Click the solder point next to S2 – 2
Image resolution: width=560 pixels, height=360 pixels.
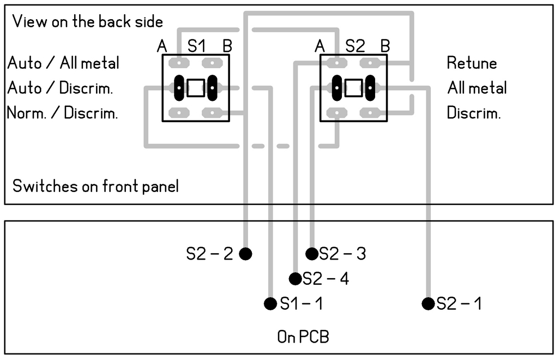pyautogui.click(x=245, y=254)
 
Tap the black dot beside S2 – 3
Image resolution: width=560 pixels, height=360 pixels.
pyautogui.click(x=311, y=254)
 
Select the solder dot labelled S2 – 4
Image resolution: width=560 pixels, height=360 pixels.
pyautogui.click(x=295, y=279)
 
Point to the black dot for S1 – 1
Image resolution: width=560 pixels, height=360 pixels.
pyautogui.click(x=270, y=303)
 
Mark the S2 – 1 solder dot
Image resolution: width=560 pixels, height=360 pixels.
pyautogui.click(x=428, y=303)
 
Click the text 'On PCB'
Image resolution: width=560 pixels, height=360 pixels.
pyautogui.click(x=303, y=337)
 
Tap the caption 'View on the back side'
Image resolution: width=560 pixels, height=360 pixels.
pyautogui.click(x=87, y=22)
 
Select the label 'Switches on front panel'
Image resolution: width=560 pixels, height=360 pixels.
pyautogui.click(x=95, y=186)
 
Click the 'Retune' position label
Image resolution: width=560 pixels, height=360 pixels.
pyautogui.click(x=472, y=63)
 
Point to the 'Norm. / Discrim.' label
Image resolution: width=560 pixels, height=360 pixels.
pyautogui.click(x=63, y=113)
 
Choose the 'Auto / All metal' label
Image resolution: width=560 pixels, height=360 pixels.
pyautogui.click(x=63, y=63)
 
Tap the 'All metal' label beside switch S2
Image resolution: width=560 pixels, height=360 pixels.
pyautogui.click(x=477, y=88)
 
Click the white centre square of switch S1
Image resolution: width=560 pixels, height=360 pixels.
pyautogui.click(x=195, y=88)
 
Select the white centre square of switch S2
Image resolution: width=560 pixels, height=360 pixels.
pyautogui.click(x=353, y=88)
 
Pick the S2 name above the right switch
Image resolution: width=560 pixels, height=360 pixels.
pyautogui.click(x=354, y=46)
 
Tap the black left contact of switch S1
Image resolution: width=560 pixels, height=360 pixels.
pyautogui.click(x=179, y=88)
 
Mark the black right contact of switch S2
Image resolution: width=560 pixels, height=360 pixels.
pyautogui.click(x=370, y=88)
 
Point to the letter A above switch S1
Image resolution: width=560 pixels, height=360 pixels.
pyautogui.click(x=162, y=47)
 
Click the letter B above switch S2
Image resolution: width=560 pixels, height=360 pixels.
pyautogui.click(x=385, y=46)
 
